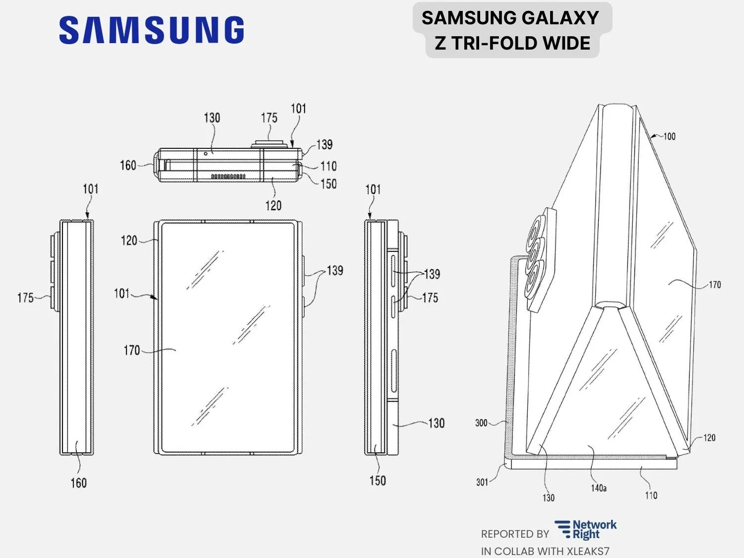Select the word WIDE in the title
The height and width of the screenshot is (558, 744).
(x=566, y=44)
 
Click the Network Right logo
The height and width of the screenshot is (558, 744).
(x=586, y=530)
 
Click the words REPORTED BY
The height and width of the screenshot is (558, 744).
(x=515, y=534)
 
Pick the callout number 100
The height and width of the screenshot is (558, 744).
(x=669, y=136)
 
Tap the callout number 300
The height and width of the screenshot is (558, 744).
(x=481, y=423)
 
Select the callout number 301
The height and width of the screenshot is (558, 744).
(x=482, y=482)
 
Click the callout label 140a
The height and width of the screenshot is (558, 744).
(x=599, y=488)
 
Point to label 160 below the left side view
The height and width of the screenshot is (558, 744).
(x=78, y=483)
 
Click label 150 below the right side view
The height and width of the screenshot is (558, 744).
(x=377, y=480)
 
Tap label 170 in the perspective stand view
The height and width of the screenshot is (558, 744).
(x=714, y=285)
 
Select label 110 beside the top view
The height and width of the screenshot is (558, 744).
(x=328, y=166)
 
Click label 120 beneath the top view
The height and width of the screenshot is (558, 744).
(x=273, y=205)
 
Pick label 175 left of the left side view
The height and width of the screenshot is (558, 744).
(x=25, y=298)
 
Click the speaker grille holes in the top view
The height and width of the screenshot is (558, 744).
(x=228, y=176)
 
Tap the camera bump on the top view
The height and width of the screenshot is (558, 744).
(x=269, y=144)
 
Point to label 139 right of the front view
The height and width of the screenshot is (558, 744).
(x=335, y=270)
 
